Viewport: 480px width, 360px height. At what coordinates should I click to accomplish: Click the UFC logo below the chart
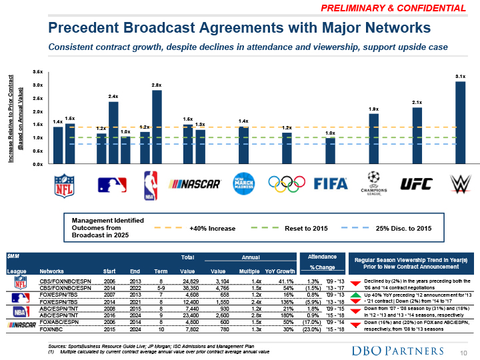click(416, 184)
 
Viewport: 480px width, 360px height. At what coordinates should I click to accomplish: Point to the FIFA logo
click(331, 184)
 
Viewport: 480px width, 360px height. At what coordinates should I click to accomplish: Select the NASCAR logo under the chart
click(195, 184)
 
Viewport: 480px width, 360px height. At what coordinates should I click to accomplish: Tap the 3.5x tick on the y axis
click(38, 71)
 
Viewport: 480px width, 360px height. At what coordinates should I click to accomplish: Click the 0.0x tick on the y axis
click(38, 163)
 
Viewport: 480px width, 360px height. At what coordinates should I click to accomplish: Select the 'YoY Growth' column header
click(280, 271)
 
